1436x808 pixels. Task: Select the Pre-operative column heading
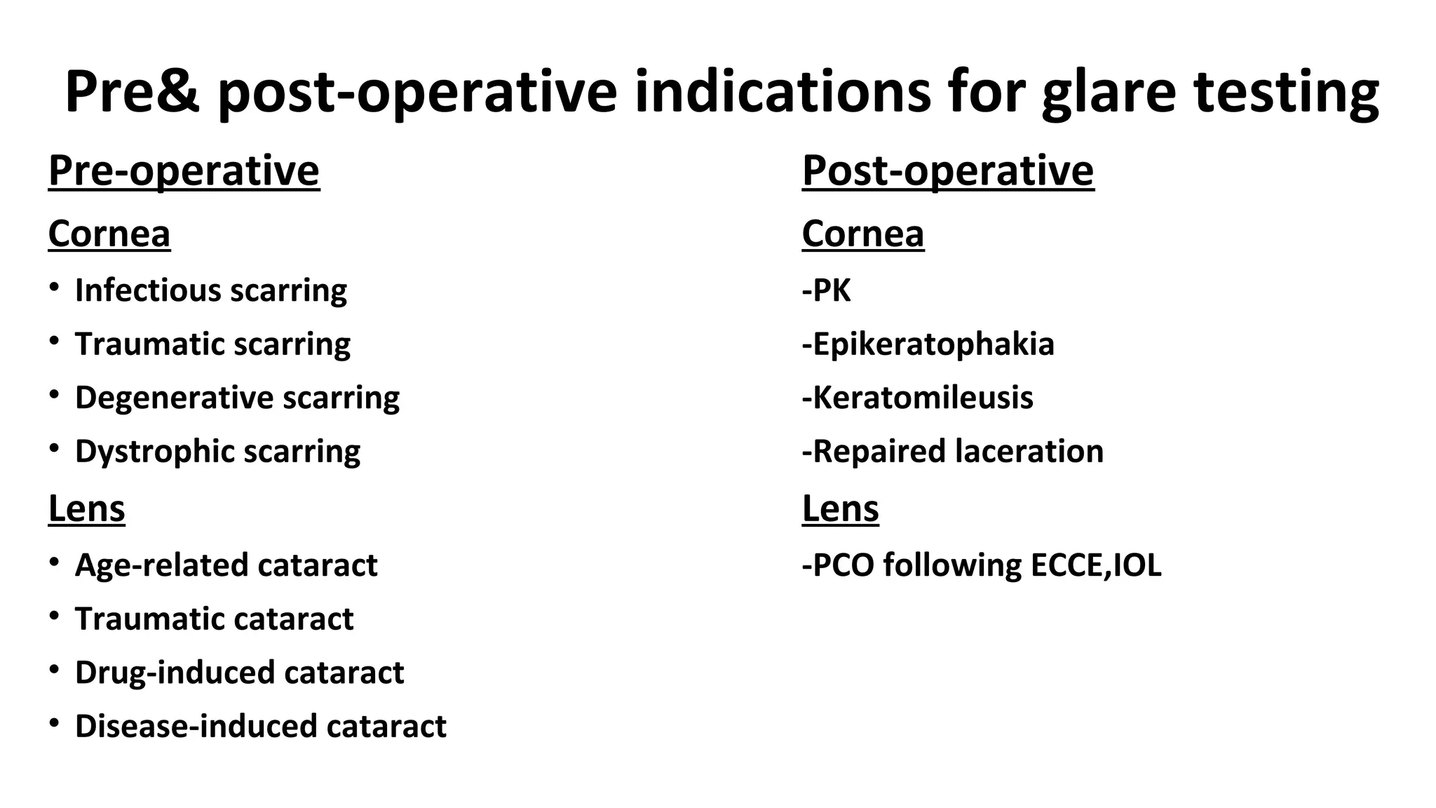click(x=184, y=170)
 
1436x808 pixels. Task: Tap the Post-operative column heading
click(x=948, y=170)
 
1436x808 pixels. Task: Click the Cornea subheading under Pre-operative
click(x=109, y=234)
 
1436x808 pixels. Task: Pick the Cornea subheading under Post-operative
click(x=863, y=234)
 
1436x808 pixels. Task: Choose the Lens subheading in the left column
click(x=87, y=509)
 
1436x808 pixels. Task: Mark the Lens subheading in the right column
click(x=841, y=509)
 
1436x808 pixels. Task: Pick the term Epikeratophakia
click(x=933, y=344)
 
